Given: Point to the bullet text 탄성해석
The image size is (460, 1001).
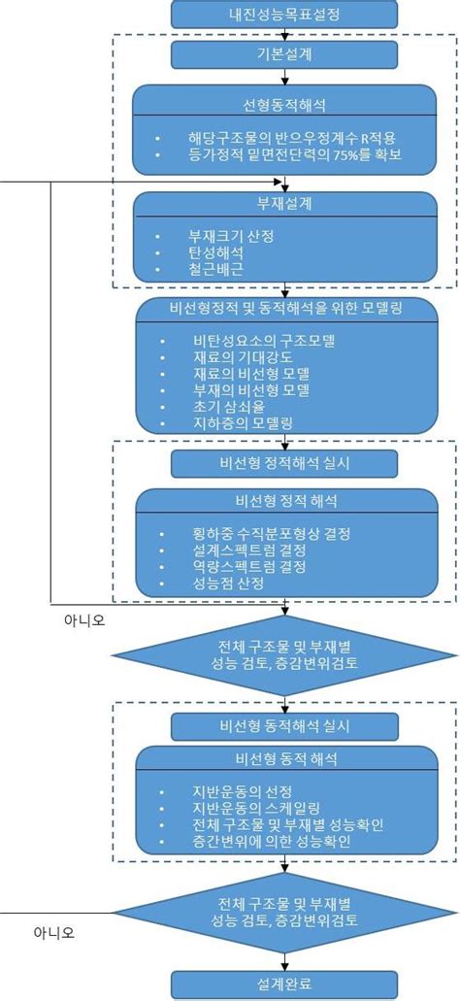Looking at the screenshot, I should coord(216,251).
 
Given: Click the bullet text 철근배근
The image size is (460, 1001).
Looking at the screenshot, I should coord(216,268).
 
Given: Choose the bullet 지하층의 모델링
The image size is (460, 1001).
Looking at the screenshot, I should coord(243,423).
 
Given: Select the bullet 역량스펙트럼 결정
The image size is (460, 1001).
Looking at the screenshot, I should coord(249,566).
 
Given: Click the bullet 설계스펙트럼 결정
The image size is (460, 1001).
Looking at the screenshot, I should coord(249,550).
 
